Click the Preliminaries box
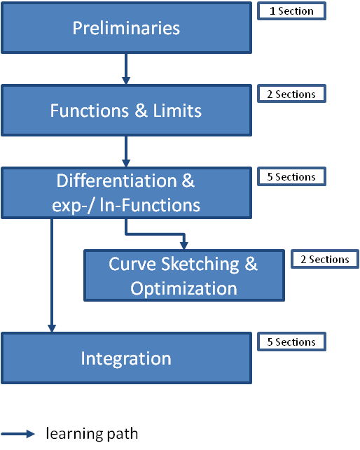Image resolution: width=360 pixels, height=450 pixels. pos(126,28)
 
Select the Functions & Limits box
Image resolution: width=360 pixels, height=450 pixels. pos(126,111)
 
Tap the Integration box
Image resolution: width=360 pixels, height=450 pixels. pos(126,358)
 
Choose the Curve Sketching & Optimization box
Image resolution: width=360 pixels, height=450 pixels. pos(184,276)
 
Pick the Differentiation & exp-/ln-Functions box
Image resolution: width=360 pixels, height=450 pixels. pos(126,193)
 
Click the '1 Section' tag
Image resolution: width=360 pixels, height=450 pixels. pos(291,11)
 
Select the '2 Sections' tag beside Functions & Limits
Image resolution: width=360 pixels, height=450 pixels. pos(291,94)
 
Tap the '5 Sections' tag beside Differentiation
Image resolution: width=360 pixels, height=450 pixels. pos(291,176)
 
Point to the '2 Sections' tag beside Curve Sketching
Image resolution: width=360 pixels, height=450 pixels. pos(325,259)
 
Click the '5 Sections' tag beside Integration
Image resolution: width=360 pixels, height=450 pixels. pos(291,342)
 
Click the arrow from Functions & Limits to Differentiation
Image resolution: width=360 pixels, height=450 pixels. pos(126,151)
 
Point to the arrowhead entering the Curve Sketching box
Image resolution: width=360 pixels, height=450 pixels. pos(184,245)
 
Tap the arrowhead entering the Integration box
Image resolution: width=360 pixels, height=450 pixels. pos(51,328)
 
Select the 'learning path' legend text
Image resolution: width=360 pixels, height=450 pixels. pos(92,434)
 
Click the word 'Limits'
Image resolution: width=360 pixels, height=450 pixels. pos(177,111)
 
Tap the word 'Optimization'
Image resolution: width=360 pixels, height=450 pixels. pos(184,288)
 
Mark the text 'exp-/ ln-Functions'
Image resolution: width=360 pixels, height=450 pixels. pos(126,205)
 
